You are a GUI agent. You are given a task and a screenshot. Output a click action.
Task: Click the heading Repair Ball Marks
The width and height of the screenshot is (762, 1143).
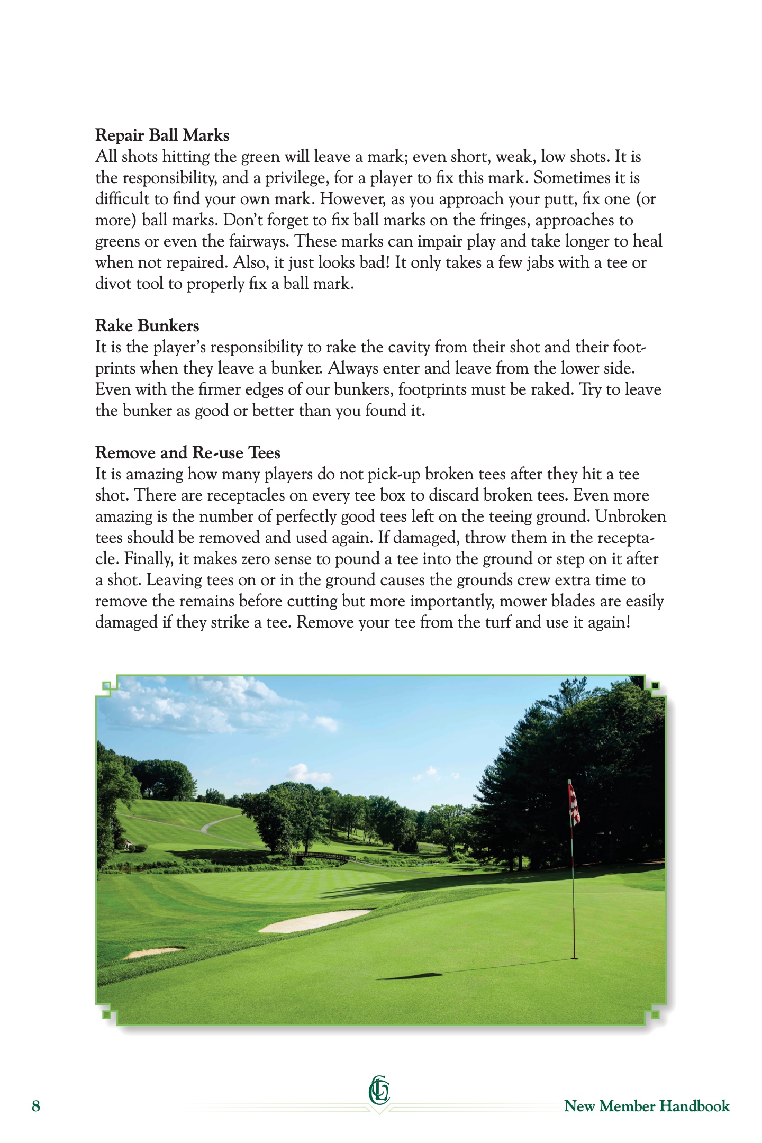tap(162, 135)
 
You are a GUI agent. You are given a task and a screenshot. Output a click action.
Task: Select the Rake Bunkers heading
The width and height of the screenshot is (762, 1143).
tap(147, 326)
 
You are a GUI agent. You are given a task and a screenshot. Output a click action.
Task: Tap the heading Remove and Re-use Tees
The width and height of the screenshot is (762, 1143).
tap(188, 453)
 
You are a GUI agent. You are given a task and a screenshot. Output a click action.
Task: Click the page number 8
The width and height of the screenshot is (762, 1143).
tap(36, 1106)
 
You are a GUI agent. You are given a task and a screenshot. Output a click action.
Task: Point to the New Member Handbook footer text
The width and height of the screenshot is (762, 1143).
tap(647, 1106)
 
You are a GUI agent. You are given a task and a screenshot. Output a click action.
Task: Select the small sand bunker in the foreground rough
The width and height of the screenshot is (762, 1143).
tap(153, 952)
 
